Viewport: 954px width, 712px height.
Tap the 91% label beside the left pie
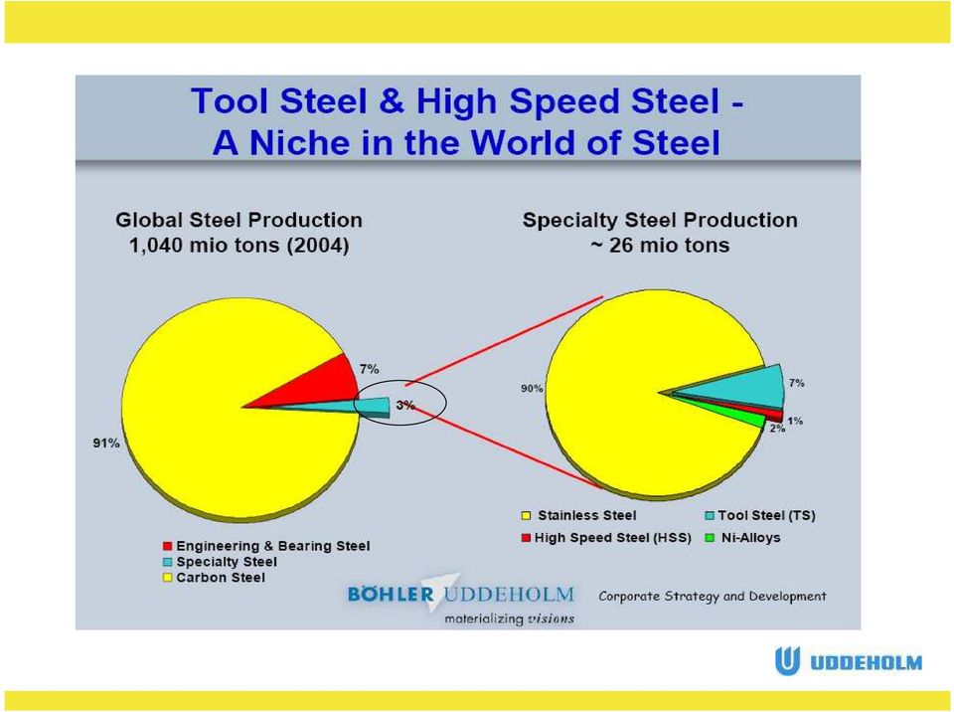[x=106, y=444]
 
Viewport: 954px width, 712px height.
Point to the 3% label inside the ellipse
[x=405, y=405]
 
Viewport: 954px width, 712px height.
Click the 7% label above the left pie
[x=369, y=369]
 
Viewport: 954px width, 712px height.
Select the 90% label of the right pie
[x=532, y=388]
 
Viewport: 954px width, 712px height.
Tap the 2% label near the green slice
[x=777, y=429]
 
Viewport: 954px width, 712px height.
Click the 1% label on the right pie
[x=795, y=421]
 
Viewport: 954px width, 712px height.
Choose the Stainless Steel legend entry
[x=579, y=516]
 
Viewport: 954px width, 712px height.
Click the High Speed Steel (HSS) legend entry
[x=606, y=538]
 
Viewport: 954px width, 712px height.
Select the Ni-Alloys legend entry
[x=743, y=538]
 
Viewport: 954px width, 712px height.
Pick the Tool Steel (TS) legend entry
[x=760, y=516]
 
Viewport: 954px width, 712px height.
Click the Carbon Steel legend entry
[x=215, y=578]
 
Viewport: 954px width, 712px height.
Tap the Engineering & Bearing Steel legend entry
[x=266, y=546]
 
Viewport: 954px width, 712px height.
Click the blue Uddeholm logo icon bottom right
[x=787, y=661]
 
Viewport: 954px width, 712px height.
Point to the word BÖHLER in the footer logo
[x=391, y=594]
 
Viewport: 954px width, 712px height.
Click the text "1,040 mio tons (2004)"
[x=239, y=246]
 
